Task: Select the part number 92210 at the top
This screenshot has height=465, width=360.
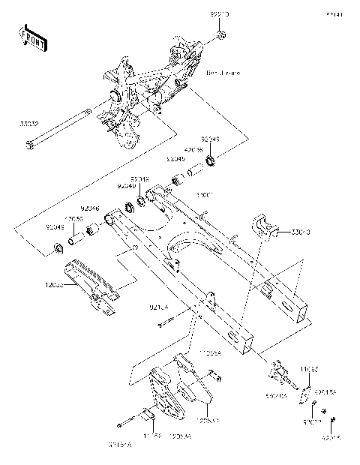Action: tap(220, 15)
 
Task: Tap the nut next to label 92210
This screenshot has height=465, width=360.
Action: tap(220, 35)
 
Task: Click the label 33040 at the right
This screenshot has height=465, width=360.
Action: tap(300, 233)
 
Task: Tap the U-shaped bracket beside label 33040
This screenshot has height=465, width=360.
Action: tap(265, 226)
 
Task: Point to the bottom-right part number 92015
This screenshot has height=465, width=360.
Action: tap(333, 436)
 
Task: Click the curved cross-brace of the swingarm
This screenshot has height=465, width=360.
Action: tap(191, 247)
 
